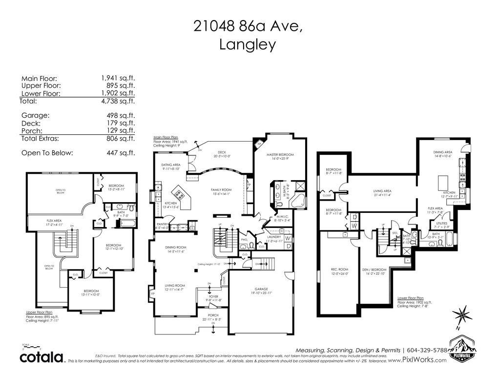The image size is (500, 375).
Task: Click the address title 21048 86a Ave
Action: click(x=248, y=26)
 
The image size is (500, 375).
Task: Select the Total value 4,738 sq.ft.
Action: click(x=118, y=102)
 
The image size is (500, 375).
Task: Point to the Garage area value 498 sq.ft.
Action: click(x=118, y=116)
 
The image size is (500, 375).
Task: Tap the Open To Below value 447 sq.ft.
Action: click(x=118, y=153)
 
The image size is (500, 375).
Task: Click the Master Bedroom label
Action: click(x=280, y=155)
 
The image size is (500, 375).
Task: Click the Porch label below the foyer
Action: click(x=213, y=315)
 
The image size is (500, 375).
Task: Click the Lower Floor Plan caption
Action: click(x=410, y=297)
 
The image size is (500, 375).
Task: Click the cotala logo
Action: click(x=42, y=356)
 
